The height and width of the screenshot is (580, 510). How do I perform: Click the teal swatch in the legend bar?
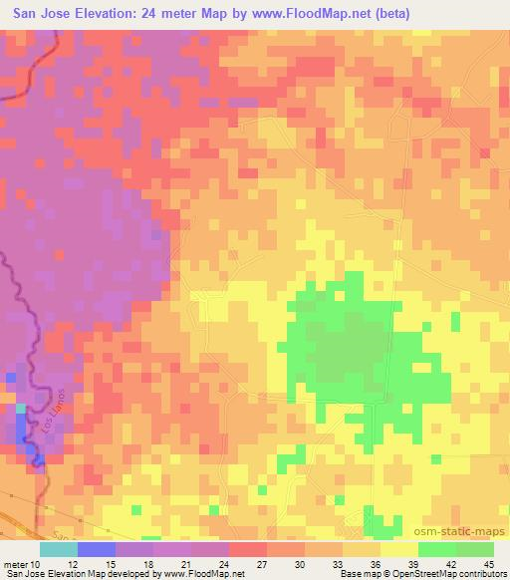[58, 549]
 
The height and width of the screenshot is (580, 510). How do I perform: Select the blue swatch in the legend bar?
[96, 549]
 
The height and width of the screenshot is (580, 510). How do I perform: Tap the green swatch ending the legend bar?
[475, 549]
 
